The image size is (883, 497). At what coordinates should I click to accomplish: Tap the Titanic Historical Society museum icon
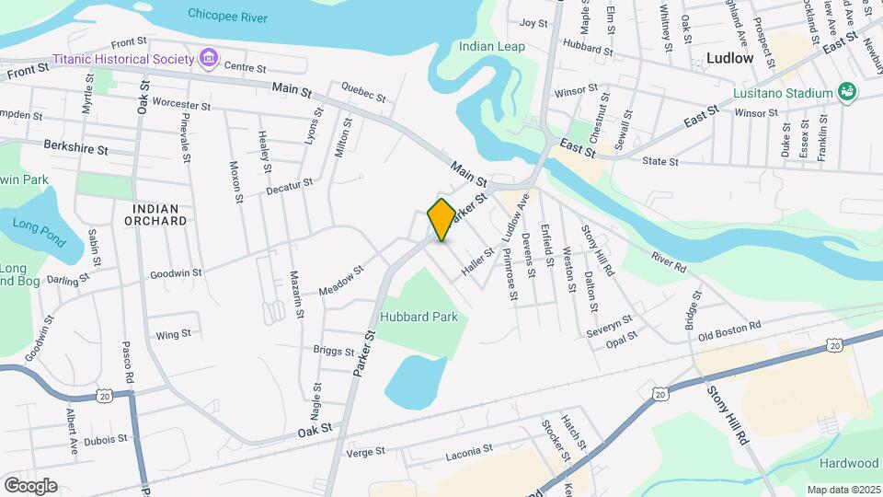(x=209, y=59)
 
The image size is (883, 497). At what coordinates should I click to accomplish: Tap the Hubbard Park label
(x=419, y=317)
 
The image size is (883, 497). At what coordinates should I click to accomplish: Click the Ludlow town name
(x=730, y=58)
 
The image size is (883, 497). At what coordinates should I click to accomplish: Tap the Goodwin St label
(x=176, y=273)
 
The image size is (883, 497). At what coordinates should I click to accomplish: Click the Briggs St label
(x=334, y=352)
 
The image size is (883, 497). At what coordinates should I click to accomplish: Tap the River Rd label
(x=669, y=261)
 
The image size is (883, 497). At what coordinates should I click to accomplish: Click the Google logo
(x=30, y=486)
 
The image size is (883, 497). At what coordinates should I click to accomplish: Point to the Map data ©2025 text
(x=842, y=490)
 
